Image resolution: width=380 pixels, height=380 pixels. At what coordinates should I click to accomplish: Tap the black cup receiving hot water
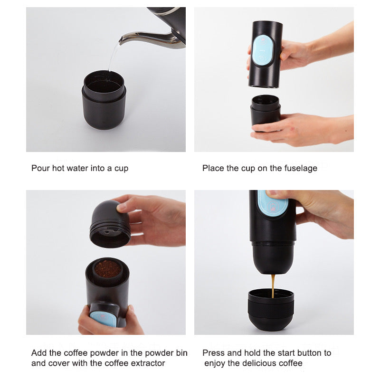pyautogui.click(x=104, y=100)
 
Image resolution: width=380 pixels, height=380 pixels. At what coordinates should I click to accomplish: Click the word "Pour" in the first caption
pyautogui.click(x=40, y=168)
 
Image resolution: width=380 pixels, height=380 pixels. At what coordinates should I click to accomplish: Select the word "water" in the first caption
pyautogui.click(x=77, y=168)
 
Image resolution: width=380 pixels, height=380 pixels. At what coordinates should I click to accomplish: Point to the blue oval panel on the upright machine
pyautogui.click(x=263, y=51)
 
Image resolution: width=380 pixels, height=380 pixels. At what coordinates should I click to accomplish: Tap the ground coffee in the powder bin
pyautogui.click(x=108, y=269)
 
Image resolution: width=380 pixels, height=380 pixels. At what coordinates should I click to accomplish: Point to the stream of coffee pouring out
pyautogui.click(x=273, y=286)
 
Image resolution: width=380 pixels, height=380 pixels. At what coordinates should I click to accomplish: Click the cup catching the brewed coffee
pyautogui.click(x=271, y=309)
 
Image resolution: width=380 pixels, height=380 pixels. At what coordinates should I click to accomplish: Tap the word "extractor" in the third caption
pyautogui.click(x=148, y=363)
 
